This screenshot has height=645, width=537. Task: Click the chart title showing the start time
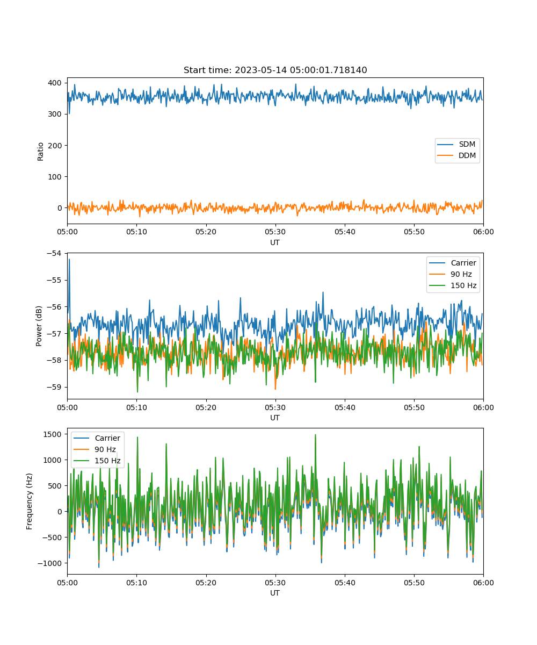tap(275, 70)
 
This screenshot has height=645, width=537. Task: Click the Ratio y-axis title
tap(40, 152)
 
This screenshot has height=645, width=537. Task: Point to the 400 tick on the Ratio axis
tap(55, 83)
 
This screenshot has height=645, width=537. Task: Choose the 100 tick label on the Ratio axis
tap(55, 177)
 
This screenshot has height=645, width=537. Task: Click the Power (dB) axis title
tap(39, 326)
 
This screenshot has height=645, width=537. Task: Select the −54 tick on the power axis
tap(54, 253)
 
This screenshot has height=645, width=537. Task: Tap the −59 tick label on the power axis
tap(54, 387)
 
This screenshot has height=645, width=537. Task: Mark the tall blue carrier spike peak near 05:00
tap(69, 260)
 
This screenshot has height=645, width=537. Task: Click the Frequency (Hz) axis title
tap(30, 501)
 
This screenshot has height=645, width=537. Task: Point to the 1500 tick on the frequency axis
tap(53, 434)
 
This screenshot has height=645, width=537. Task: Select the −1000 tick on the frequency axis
tap(50, 563)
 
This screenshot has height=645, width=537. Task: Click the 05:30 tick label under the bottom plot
tap(275, 583)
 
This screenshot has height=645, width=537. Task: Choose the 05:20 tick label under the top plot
tap(206, 232)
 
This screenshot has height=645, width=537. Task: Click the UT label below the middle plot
tap(275, 418)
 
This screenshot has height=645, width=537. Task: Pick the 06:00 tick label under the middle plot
tap(483, 407)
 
